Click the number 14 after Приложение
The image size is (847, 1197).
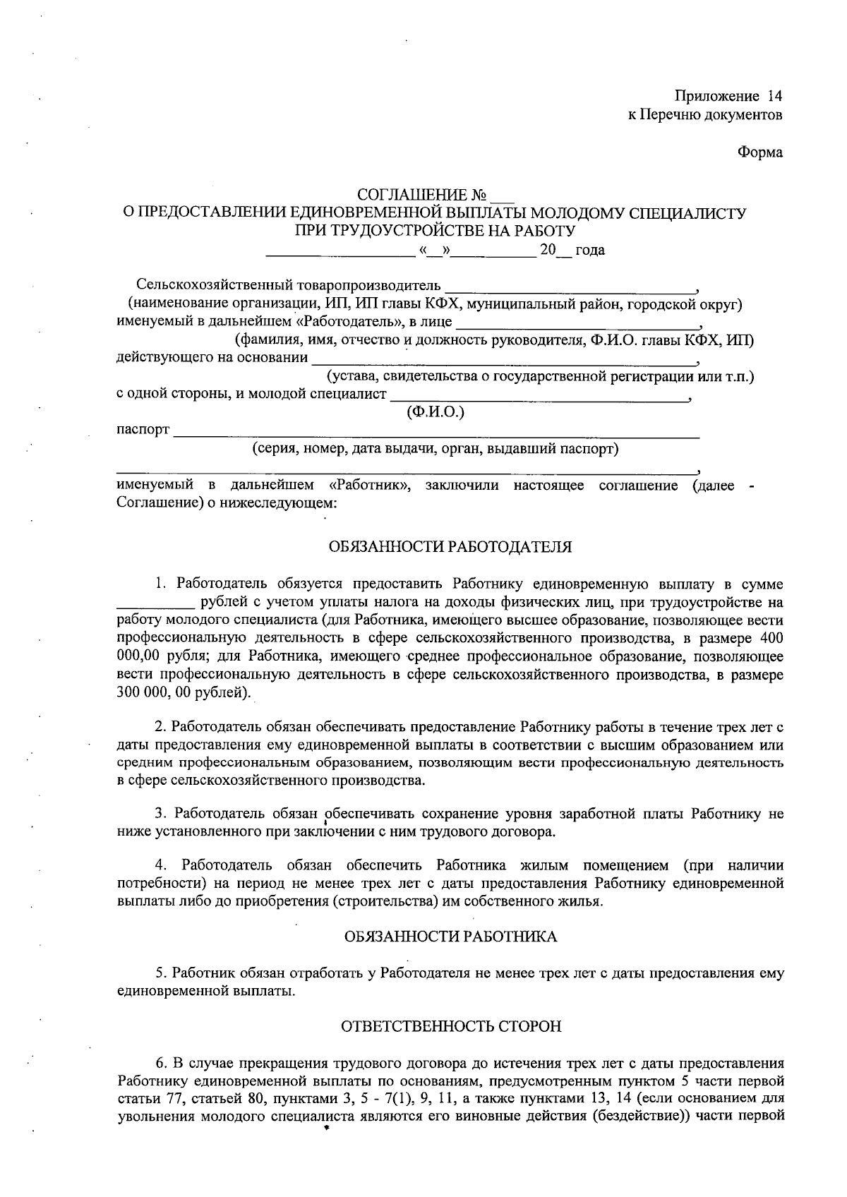774,96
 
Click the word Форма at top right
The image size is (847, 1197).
760,152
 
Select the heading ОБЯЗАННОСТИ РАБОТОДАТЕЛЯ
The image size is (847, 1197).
450,547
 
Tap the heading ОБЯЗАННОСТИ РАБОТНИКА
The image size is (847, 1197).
450,937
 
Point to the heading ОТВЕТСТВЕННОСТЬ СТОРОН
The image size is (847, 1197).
451,1026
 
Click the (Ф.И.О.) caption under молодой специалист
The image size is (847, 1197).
435,412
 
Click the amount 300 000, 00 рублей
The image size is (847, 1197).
181,693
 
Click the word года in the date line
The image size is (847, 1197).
590,251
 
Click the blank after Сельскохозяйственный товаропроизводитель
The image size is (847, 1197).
570,288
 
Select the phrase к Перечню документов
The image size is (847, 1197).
705,114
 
